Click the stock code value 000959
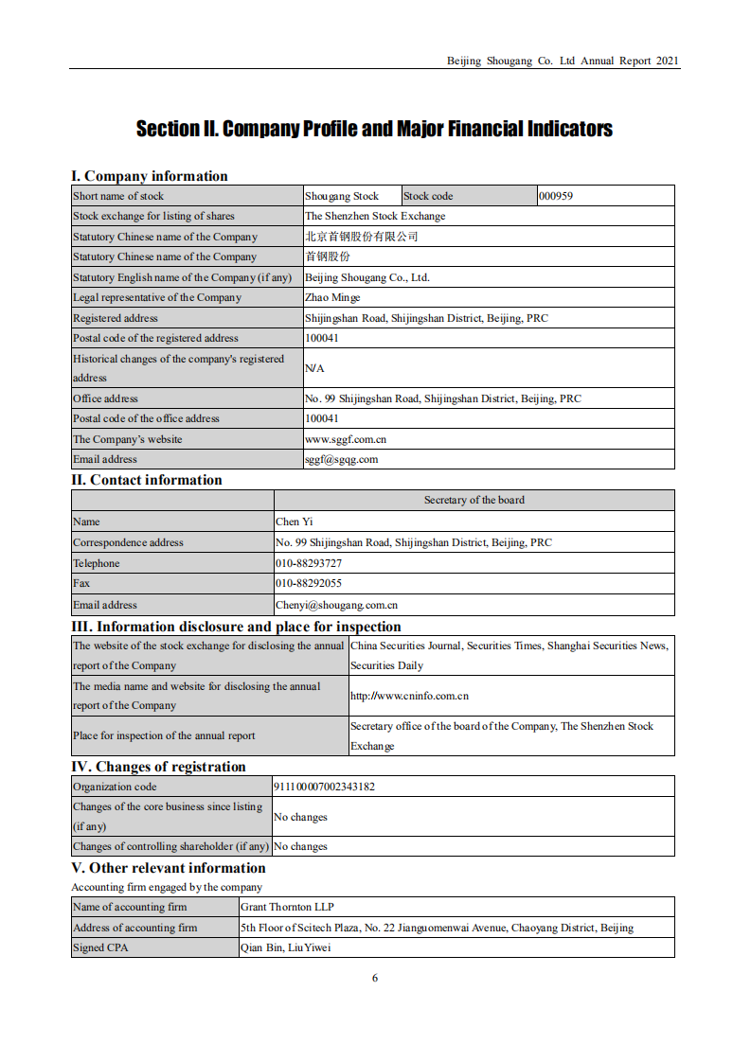tap(556, 196)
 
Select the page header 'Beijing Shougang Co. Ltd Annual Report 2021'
tap(563, 61)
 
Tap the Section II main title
tap(374, 129)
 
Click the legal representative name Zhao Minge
tap(332, 297)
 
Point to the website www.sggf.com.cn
tap(346, 439)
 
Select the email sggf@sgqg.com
tap(341, 459)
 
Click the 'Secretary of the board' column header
tap(474, 500)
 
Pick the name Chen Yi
tap(294, 522)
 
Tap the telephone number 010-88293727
tap(309, 563)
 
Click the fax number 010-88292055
tap(309, 583)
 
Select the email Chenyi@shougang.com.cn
tap(336, 605)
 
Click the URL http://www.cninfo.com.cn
tap(409, 696)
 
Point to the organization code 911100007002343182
tap(324, 787)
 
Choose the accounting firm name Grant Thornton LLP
tap(287, 907)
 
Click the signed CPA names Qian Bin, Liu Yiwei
tap(286, 947)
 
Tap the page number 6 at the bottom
tap(375, 978)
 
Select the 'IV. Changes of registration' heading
tap(158, 767)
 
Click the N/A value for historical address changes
tap(314, 367)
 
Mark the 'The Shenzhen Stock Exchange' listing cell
tap(375, 216)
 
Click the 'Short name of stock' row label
tap(118, 196)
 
